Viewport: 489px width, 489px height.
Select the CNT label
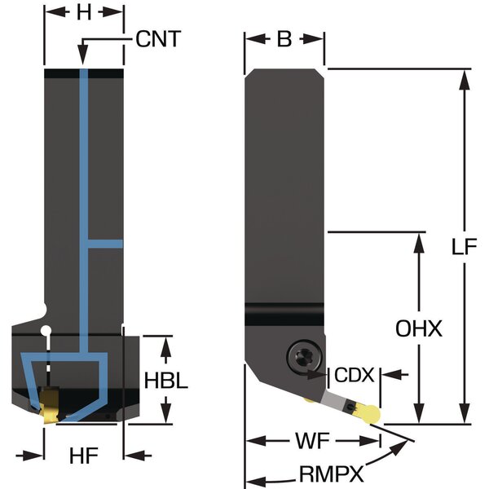click(x=158, y=38)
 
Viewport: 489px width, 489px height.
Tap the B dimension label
click(x=284, y=38)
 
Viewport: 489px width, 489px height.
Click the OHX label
click(x=418, y=329)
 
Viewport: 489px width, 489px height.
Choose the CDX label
click(x=355, y=376)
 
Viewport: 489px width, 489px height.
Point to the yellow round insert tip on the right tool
click(x=370, y=413)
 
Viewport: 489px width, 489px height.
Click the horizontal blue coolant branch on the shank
click(x=105, y=244)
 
